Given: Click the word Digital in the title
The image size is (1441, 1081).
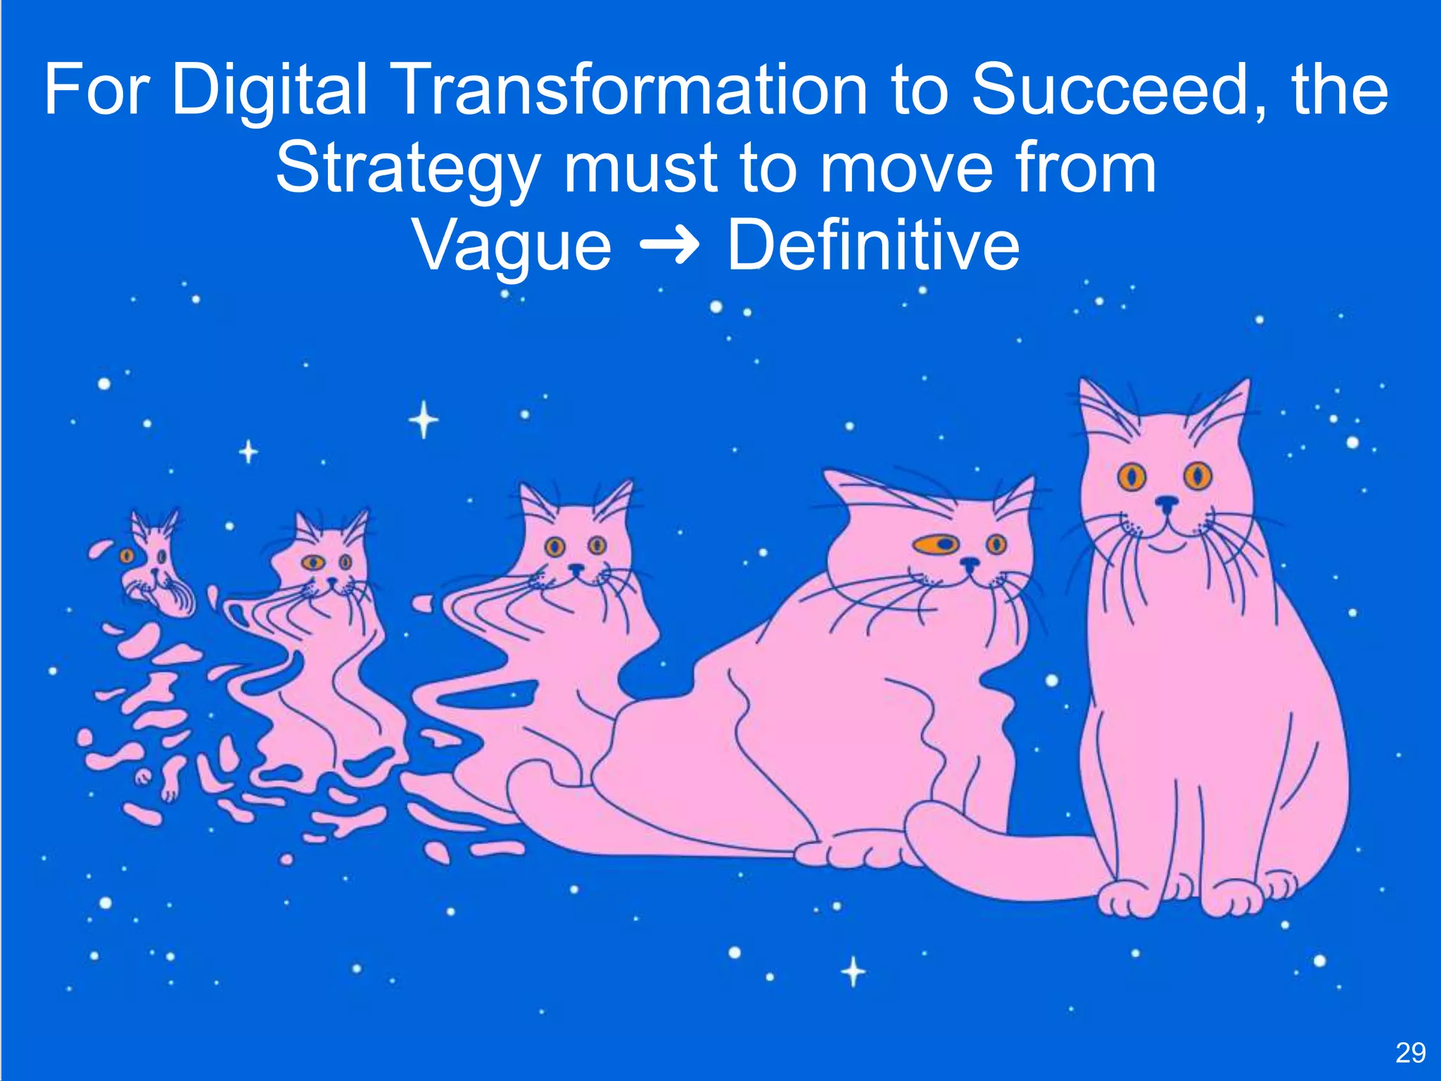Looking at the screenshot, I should click(x=270, y=91).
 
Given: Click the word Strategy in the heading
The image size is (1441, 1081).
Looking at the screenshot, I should click(x=407, y=169).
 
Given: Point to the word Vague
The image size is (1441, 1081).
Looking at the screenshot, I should click(x=512, y=246).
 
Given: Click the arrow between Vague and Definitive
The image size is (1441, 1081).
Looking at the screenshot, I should click(x=669, y=246).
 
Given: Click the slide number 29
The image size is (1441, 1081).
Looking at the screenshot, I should click(x=1410, y=1053).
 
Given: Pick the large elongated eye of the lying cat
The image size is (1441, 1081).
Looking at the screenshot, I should click(x=939, y=544).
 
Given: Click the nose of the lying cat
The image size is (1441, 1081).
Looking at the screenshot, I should click(x=970, y=563).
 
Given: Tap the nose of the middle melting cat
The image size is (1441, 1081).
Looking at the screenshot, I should click(x=576, y=567).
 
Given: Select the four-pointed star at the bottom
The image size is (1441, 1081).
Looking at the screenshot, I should click(x=853, y=972).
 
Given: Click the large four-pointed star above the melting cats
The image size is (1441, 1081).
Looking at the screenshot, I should click(x=424, y=420).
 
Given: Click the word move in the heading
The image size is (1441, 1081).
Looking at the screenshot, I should click(x=910, y=169).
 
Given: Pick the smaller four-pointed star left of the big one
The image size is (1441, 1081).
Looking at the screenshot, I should click(x=248, y=451).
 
